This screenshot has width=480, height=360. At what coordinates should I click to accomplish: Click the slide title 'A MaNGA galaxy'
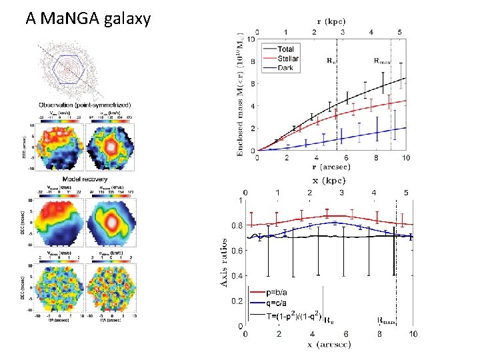(x=88, y=18)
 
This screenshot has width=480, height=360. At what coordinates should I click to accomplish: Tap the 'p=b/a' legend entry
(x=277, y=293)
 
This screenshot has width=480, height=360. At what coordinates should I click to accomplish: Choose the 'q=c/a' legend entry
(x=277, y=303)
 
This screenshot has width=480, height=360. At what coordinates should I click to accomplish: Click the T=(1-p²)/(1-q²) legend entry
(x=293, y=315)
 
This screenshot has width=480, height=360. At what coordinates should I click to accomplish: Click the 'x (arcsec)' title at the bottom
(x=330, y=344)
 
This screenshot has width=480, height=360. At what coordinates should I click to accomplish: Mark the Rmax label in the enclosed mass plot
(x=382, y=59)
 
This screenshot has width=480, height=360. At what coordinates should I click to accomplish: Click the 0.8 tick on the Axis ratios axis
(x=237, y=226)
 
